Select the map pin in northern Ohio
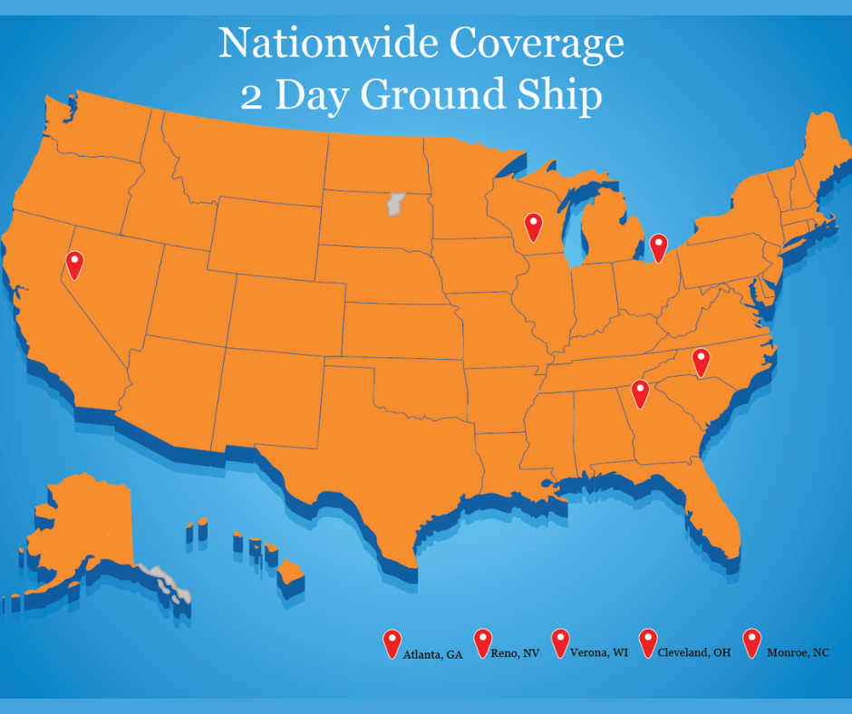(658, 246)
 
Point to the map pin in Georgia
(640, 393)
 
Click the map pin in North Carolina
(701, 361)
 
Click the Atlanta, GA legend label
(432, 653)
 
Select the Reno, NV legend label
(514, 652)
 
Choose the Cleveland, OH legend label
(693, 652)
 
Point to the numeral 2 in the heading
(252, 96)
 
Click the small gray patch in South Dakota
(393, 203)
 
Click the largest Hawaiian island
(291, 573)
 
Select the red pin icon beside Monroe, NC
(751, 642)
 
